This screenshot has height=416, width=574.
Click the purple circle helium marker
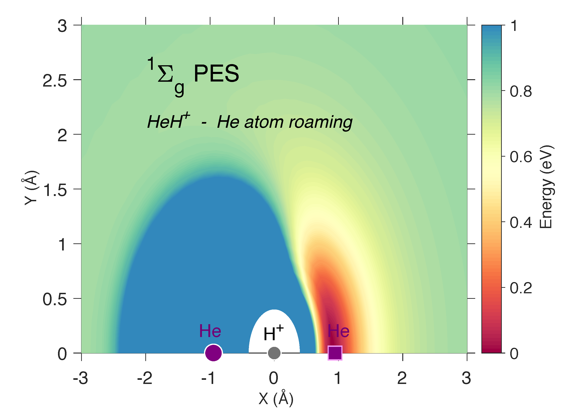pos(213,353)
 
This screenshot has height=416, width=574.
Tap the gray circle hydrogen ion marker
pos(274,353)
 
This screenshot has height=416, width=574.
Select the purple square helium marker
pos(335,353)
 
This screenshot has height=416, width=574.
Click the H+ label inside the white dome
pos(273,333)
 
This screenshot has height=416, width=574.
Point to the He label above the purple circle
pos(210,331)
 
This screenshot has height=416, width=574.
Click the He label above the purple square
pos(338,331)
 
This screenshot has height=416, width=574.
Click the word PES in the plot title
pos(216,73)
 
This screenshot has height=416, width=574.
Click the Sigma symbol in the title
pos(165,74)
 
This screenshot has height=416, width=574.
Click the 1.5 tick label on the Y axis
pos(55,190)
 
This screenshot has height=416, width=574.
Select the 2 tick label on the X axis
pos(402,378)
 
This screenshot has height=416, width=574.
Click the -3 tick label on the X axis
pos(80,378)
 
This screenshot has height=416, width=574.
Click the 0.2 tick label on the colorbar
pos(521,288)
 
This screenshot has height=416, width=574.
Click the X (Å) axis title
pos(276,399)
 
